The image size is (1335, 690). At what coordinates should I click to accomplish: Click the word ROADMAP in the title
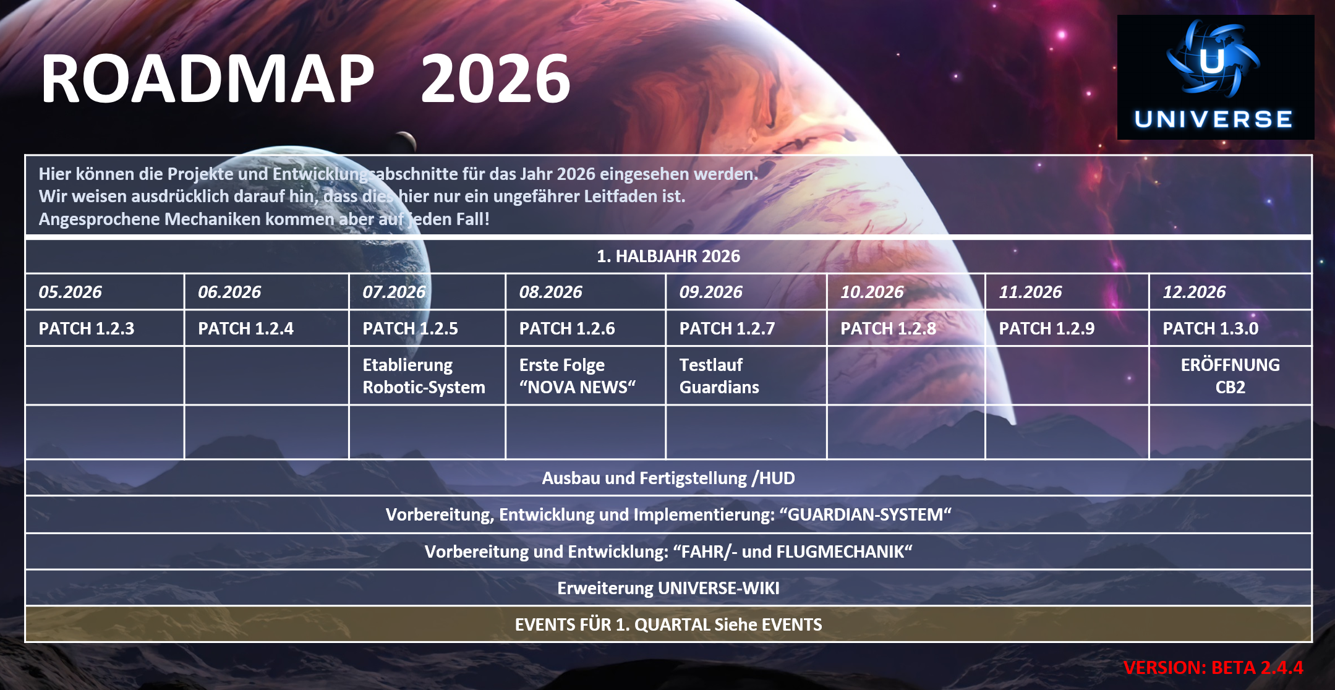207,79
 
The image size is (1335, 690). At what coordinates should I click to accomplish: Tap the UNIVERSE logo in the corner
1215,77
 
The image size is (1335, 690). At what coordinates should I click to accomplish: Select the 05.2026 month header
70,292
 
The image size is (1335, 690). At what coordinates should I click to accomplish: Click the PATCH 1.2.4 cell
245,328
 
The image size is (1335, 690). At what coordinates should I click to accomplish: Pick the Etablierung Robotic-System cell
424,376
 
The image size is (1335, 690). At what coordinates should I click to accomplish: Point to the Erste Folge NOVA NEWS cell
577,376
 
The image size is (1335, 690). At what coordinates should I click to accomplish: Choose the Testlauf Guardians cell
719,376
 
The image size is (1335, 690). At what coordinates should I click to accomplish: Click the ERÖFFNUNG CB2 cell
1230,376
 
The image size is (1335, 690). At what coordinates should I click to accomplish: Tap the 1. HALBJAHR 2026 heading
668,256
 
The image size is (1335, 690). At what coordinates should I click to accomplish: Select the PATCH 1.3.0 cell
1210,328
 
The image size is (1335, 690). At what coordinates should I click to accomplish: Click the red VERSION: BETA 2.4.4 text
1213,668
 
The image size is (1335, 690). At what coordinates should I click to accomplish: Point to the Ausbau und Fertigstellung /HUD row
668,478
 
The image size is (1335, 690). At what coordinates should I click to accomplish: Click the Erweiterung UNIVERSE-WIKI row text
668,588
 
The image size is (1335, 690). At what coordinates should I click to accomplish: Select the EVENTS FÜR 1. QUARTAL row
668,624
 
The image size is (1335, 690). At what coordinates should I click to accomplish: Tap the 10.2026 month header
872,292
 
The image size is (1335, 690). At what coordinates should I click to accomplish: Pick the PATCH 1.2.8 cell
888,328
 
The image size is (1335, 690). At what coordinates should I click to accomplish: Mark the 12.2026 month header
1194,292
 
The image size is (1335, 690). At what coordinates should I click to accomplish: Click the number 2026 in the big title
495,79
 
